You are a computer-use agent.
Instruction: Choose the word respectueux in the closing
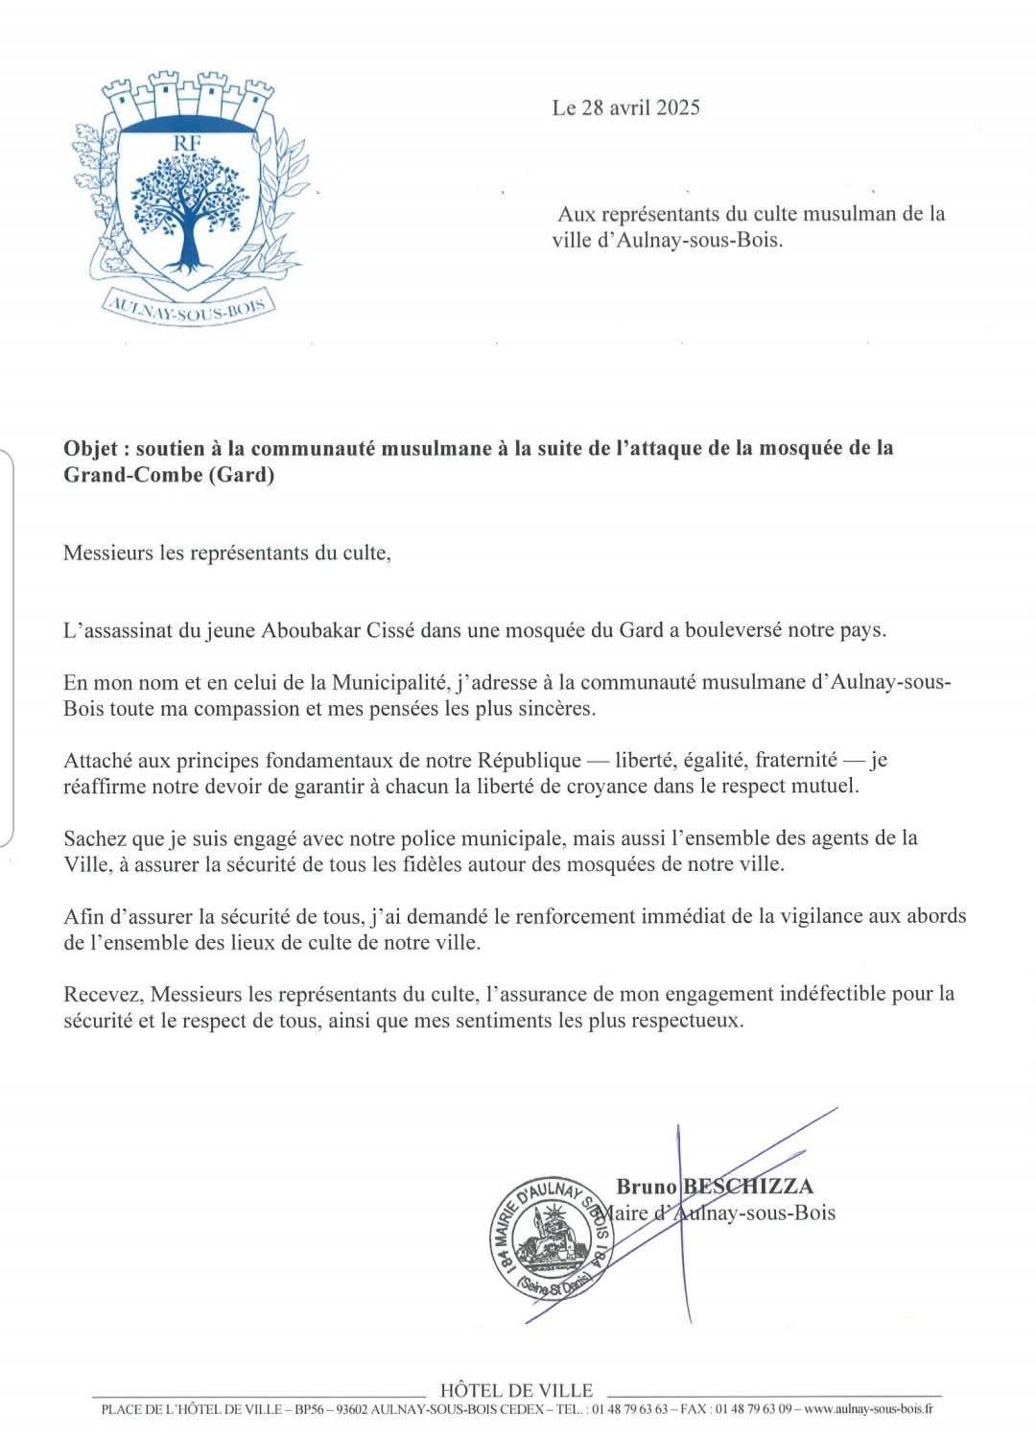tap(685, 1020)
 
